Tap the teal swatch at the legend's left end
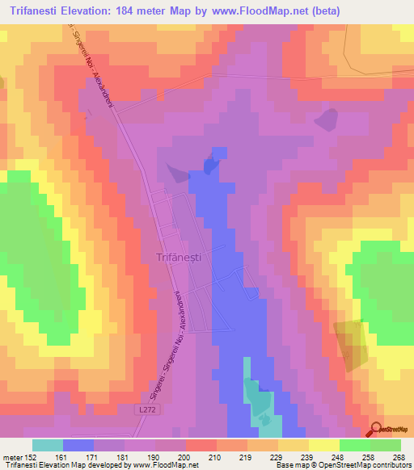tap(48, 445)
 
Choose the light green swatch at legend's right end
tap(385, 445)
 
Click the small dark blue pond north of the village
tap(213, 162)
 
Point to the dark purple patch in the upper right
tap(327, 120)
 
